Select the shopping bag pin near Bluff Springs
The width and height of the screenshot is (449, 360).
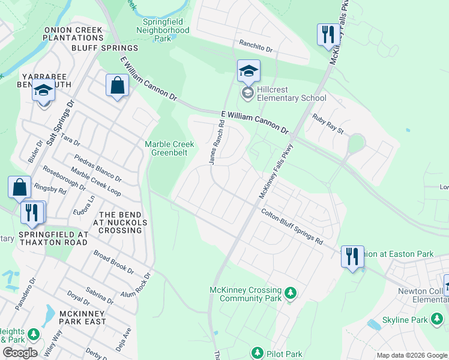click(x=118, y=86)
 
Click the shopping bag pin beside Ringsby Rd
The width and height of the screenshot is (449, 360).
click(x=20, y=187)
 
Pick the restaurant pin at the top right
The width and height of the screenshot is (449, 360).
click(x=328, y=35)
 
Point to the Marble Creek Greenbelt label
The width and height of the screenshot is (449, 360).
click(x=169, y=148)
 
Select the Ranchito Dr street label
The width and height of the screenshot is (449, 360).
click(x=256, y=44)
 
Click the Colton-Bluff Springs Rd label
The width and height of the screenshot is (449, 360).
click(x=292, y=226)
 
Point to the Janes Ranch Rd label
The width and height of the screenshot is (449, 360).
click(x=217, y=142)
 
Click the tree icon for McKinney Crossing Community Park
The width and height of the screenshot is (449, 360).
click(x=291, y=293)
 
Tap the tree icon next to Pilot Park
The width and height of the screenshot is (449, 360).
click(x=258, y=353)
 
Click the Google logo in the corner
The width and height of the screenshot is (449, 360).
click(x=20, y=353)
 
